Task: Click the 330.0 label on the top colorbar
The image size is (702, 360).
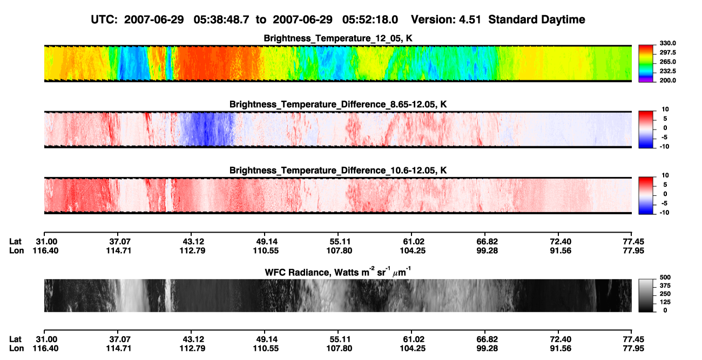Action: (x=667, y=43)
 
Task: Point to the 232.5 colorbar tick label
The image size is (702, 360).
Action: (x=667, y=71)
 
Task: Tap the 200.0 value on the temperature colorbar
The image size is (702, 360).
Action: (x=667, y=80)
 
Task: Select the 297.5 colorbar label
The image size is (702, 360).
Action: (x=667, y=53)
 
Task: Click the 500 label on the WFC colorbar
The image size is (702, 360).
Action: (x=665, y=277)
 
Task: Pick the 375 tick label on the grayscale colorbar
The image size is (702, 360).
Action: (x=665, y=286)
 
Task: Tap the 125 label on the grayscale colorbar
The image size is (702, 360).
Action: (x=665, y=302)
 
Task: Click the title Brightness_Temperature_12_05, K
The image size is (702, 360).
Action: (x=338, y=38)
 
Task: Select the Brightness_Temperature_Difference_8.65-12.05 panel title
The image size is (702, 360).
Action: (x=338, y=104)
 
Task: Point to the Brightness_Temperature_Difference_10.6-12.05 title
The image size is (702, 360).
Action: (x=338, y=171)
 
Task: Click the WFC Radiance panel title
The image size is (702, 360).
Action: (x=338, y=271)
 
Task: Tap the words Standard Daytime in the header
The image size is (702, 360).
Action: (x=537, y=19)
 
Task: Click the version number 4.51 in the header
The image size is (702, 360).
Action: (x=470, y=19)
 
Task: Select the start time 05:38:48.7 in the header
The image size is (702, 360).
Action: (x=221, y=19)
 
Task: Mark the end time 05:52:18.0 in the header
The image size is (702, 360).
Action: (x=370, y=19)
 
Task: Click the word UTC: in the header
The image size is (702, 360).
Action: (x=104, y=19)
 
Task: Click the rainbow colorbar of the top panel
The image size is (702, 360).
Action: (x=646, y=64)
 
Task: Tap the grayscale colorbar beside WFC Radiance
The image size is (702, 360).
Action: (x=646, y=295)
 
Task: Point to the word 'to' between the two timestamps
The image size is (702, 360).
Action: (x=261, y=20)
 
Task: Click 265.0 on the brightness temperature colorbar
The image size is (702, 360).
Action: (x=667, y=62)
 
